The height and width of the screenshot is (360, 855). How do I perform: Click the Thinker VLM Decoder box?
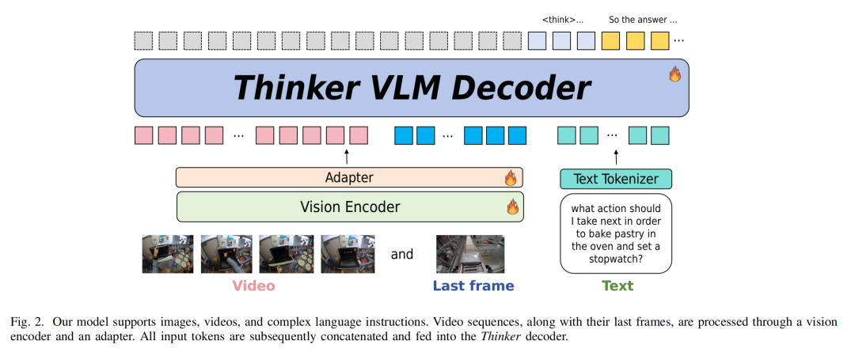[x=412, y=88]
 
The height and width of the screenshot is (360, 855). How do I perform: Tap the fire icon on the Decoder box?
[x=675, y=74]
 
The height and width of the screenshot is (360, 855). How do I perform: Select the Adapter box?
[x=349, y=177]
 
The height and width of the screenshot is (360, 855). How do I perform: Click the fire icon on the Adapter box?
[x=511, y=178]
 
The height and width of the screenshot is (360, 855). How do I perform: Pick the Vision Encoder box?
[x=350, y=207]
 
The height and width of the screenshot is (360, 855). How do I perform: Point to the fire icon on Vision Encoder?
[x=512, y=207]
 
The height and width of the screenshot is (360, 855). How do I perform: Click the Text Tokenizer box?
[x=616, y=179]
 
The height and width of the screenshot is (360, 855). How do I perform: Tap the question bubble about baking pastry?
[x=616, y=233]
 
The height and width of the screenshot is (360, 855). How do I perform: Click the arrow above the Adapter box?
[x=347, y=157]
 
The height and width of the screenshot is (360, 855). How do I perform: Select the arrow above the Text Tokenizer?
[x=616, y=157]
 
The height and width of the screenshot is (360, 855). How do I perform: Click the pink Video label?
[x=253, y=286]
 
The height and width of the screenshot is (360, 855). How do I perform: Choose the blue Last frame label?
[x=473, y=286]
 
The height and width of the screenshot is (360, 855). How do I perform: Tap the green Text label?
[x=617, y=286]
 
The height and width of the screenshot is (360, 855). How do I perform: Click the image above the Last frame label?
[x=470, y=254]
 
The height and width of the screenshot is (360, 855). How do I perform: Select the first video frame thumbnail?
[x=167, y=254]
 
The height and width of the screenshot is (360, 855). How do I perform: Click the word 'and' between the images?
[x=402, y=254]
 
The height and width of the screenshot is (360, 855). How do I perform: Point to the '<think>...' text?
[x=563, y=21]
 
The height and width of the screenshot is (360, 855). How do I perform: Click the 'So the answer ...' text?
[x=643, y=21]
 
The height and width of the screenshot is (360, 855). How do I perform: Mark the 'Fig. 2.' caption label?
[x=27, y=322]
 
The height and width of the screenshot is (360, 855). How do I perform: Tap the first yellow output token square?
[x=610, y=41]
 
